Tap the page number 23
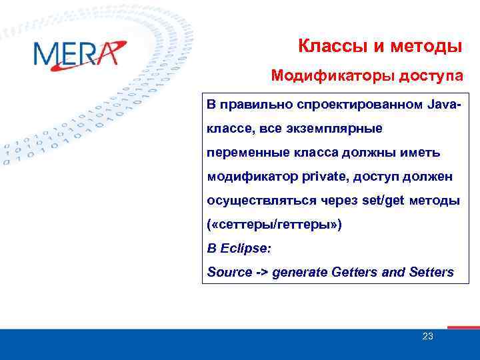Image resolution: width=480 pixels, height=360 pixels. [427, 337]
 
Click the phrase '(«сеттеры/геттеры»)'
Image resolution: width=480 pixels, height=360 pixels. [274, 225]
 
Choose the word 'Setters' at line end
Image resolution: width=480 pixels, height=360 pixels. [432, 272]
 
